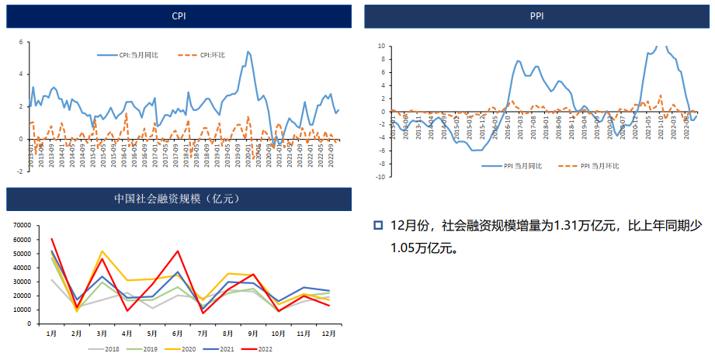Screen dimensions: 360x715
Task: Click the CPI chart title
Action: pos(179,16)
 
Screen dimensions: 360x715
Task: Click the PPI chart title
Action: pos(536,16)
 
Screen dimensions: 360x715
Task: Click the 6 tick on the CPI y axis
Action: pos(20,42)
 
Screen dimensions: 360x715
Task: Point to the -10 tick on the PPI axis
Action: pos(380,177)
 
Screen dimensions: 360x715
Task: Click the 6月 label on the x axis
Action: pos(178,334)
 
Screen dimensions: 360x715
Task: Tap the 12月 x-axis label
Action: pos(328,334)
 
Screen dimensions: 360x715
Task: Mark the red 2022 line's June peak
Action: pos(178,251)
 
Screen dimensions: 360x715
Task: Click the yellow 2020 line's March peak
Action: pos(102,251)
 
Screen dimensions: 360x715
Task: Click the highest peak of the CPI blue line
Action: pos(248,51)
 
